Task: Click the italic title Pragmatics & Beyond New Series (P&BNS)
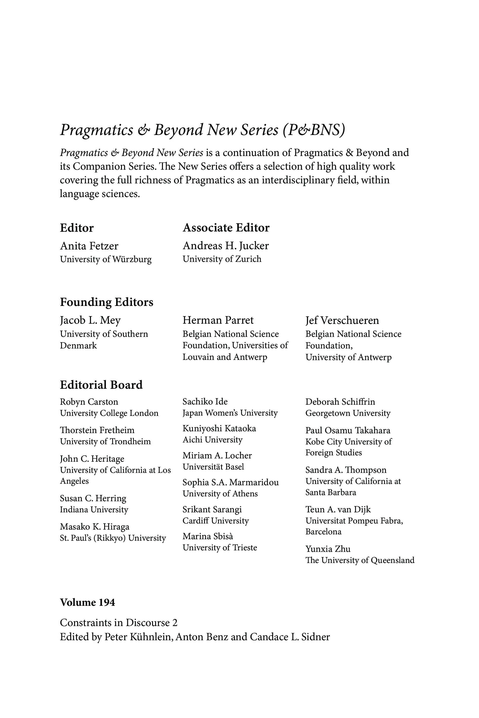click(x=202, y=130)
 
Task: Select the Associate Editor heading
click(x=226, y=228)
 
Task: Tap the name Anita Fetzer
click(x=89, y=246)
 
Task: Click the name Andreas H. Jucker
click(x=226, y=246)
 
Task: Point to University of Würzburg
click(x=106, y=259)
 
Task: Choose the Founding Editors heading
click(x=107, y=302)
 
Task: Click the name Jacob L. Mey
click(x=90, y=320)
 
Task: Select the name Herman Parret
click(x=218, y=320)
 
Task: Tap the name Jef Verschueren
click(x=342, y=320)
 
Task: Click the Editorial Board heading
click(x=101, y=385)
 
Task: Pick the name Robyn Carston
click(x=89, y=402)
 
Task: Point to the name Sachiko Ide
click(x=205, y=401)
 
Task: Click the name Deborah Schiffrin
click(x=340, y=402)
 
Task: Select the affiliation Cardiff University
click(x=216, y=520)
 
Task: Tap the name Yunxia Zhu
click(x=328, y=549)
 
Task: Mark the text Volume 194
click(x=87, y=602)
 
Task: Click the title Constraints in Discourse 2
click(x=119, y=623)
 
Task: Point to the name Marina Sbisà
click(x=208, y=536)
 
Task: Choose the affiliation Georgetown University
click(x=348, y=413)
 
